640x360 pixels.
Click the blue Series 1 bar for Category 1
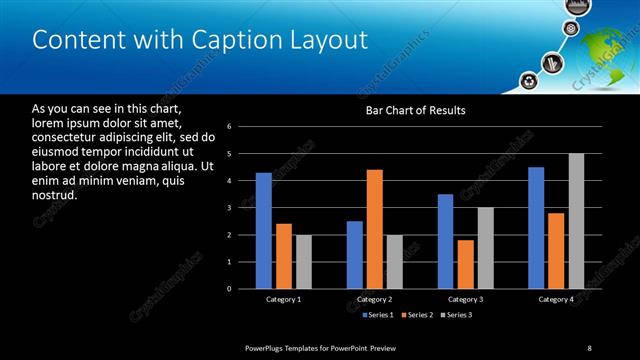pos(264,231)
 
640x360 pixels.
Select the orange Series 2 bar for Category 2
pos(375,229)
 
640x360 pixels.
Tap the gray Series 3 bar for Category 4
pos(576,221)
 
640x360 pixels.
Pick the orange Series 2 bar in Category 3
pos(465,264)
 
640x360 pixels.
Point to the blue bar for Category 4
pos(536,228)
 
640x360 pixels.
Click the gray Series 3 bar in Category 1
pos(304,262)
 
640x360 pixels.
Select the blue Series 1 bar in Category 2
pos(355,255)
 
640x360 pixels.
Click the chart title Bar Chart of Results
pos(416,110)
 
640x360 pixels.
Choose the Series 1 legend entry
pos(377,316)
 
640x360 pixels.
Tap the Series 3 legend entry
pos(459,316)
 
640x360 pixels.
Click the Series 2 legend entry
pos(418,316)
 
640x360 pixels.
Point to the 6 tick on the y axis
pos(229,127)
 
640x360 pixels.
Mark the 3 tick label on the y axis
pos(229,208)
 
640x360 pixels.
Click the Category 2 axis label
pos(374,299)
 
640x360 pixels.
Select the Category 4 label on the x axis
pos(556,299)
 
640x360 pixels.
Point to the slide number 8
pos(589,347)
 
